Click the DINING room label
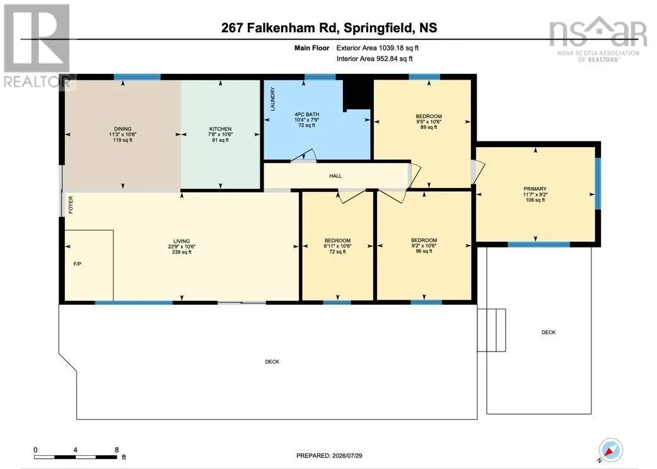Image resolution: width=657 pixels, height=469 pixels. tap(123, 129)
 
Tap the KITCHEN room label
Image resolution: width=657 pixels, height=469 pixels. tap(221, 129)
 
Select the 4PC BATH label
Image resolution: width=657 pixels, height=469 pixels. tap(306, 114)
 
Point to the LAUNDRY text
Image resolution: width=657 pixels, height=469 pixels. tap(273, 99)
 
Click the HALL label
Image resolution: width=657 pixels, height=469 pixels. tap(335, 175)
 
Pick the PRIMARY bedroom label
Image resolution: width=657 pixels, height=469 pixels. tap(535, 189)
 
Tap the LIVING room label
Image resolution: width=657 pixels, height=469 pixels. tap(182, 241)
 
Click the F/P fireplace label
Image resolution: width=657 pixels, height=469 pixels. tap(77, 264)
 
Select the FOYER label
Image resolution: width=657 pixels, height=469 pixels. tap(71, 205)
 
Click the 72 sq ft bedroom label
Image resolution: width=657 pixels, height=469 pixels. tap(337, 240)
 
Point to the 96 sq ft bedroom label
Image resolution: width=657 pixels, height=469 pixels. tap(424, 240)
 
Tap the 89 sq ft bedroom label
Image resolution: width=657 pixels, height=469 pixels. tap(429, 116)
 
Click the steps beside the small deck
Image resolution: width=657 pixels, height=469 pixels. tap(492, 330)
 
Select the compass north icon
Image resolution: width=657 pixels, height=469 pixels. tap(610, 449)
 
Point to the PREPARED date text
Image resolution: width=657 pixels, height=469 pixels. tap(329, 455)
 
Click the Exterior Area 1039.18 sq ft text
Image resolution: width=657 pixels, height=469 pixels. tap(378, 48)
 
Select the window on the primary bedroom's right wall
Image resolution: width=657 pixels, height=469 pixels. tap(598, 183)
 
